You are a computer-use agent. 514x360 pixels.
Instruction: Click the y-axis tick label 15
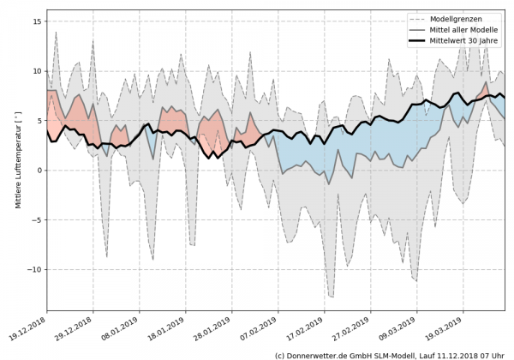pyautogui.click(x=36, y=21)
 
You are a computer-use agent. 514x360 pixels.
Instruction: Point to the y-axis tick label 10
pyautogui.click(x=36, y=71)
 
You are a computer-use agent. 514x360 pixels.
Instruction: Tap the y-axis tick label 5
pyautogui.click(x=39, y=121)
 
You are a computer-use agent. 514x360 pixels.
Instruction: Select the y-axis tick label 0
pyautogui.click(x=39, y=171)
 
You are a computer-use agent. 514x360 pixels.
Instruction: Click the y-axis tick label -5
pyautogui.click(x=36, y=220)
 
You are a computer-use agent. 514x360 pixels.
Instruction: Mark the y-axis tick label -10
pyautogui.click(x=33, y=269)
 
